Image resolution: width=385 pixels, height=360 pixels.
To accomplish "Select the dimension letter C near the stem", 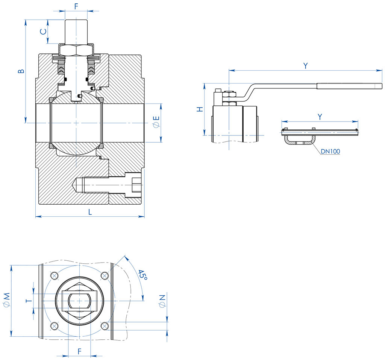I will click(x=43, y=32).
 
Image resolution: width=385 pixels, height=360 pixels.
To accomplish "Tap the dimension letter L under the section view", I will click(x=90, y=212).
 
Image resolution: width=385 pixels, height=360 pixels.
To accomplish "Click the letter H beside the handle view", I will click(x=200, y=109).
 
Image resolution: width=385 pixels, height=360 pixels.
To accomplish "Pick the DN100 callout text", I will click(x=330, y=152).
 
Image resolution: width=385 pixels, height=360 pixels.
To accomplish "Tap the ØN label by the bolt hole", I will click(x=162, y=301).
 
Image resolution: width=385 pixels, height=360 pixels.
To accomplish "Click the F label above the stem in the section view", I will click(x=76, y=6).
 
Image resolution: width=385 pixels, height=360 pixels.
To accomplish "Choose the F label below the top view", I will click(x=79, y=351).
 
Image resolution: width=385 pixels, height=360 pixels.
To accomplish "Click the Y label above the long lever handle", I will click(x=306, y=65).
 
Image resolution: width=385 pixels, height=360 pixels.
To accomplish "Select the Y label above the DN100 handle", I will click(x=320, y=117).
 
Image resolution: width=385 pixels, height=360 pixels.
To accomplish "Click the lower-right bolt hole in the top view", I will click(x=105, y=325).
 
